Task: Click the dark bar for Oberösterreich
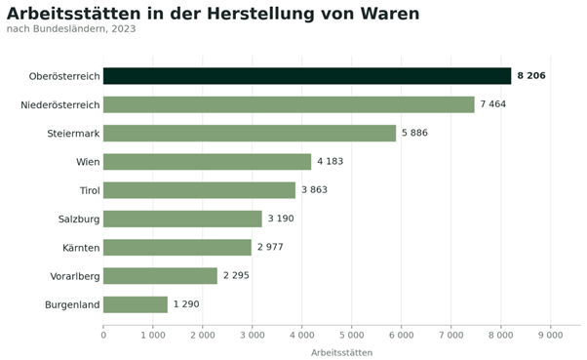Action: pos(307,76)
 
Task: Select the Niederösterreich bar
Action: pos(289,104)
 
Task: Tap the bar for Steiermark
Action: pos(250,133)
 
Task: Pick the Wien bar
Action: pos(207,161)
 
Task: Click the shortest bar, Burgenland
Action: pos(136,304)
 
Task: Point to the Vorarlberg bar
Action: pos(160,276)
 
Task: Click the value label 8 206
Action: pos(531,76)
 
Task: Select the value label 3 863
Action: pos(314,190)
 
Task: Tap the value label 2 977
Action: pos(270,247)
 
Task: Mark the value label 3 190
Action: pos(281,219)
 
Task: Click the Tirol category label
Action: pos(90,190)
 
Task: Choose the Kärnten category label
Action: pos(81,248)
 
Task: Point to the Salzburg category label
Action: pos(79,220)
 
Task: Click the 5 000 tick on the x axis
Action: pos(351,335)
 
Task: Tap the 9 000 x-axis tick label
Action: pos(550,335)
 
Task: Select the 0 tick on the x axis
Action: pos(103,335)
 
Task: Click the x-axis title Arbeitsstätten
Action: pos(342,352)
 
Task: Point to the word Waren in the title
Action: pos(390,14)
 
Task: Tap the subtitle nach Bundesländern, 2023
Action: pos(71,29)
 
